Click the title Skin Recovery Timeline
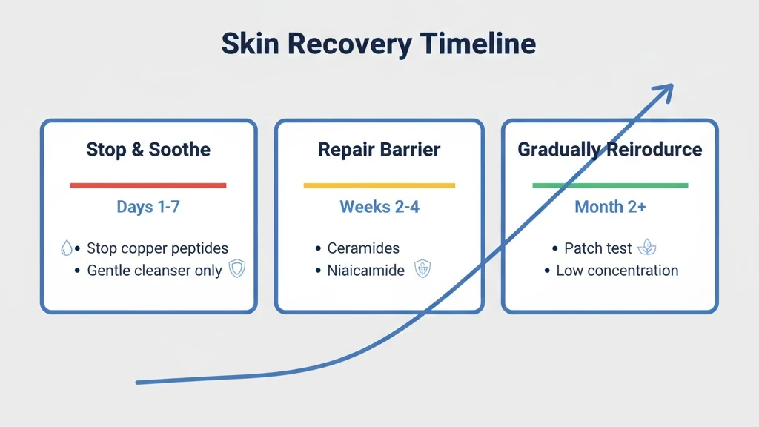point(379,44)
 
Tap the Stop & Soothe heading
point(148,150)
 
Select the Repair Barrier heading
point(379,150)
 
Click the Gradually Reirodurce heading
point(609,150)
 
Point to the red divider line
point(148,185)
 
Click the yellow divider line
point(379,185)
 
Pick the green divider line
point(609,185)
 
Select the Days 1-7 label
point(148,207)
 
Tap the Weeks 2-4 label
point(379,207)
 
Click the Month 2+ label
point(609,207)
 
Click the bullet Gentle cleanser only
point(154,271)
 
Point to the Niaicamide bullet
point(366,271)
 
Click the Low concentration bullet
point(617,271)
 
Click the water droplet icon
point(66,248)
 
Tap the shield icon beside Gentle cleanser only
point(236,269)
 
